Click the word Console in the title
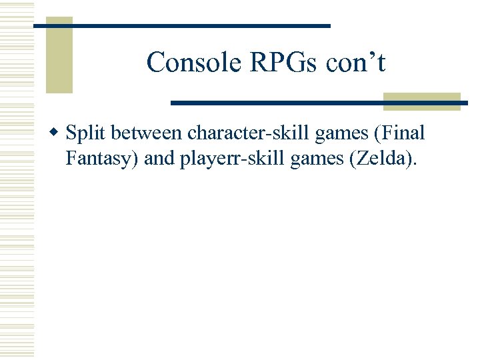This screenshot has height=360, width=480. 185,63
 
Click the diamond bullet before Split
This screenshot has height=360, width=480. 57,133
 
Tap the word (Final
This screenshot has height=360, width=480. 401,133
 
